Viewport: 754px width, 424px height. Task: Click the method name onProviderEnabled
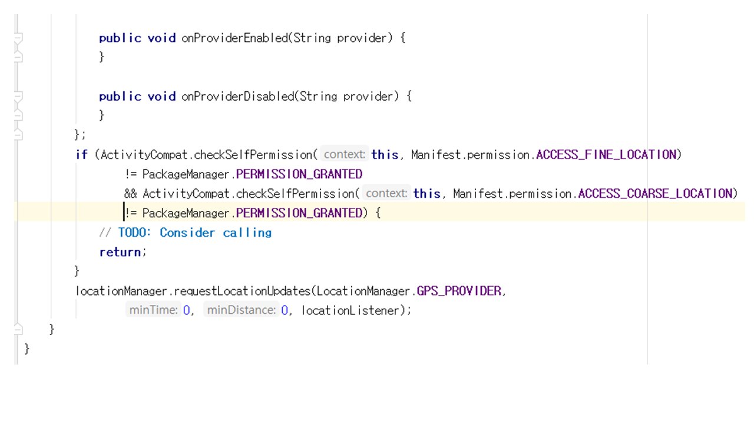234,38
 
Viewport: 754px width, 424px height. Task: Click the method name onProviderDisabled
237,97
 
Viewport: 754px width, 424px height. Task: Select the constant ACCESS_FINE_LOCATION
606,155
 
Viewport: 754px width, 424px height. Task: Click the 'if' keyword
81,155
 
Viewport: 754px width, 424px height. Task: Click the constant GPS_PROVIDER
459,291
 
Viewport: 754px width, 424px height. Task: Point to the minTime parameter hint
153,310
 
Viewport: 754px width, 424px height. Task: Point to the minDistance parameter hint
241,310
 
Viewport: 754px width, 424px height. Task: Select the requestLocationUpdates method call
242,291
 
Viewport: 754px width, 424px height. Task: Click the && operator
130,194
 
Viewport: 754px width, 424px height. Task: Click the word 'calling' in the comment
247,233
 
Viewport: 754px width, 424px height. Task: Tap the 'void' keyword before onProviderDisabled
161,97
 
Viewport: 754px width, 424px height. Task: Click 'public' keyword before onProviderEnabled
120,38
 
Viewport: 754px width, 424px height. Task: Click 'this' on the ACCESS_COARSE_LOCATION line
426,194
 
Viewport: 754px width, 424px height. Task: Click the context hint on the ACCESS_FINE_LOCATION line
345,155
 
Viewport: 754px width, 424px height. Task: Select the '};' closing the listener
80,134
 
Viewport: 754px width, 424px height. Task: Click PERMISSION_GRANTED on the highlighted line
299,213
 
